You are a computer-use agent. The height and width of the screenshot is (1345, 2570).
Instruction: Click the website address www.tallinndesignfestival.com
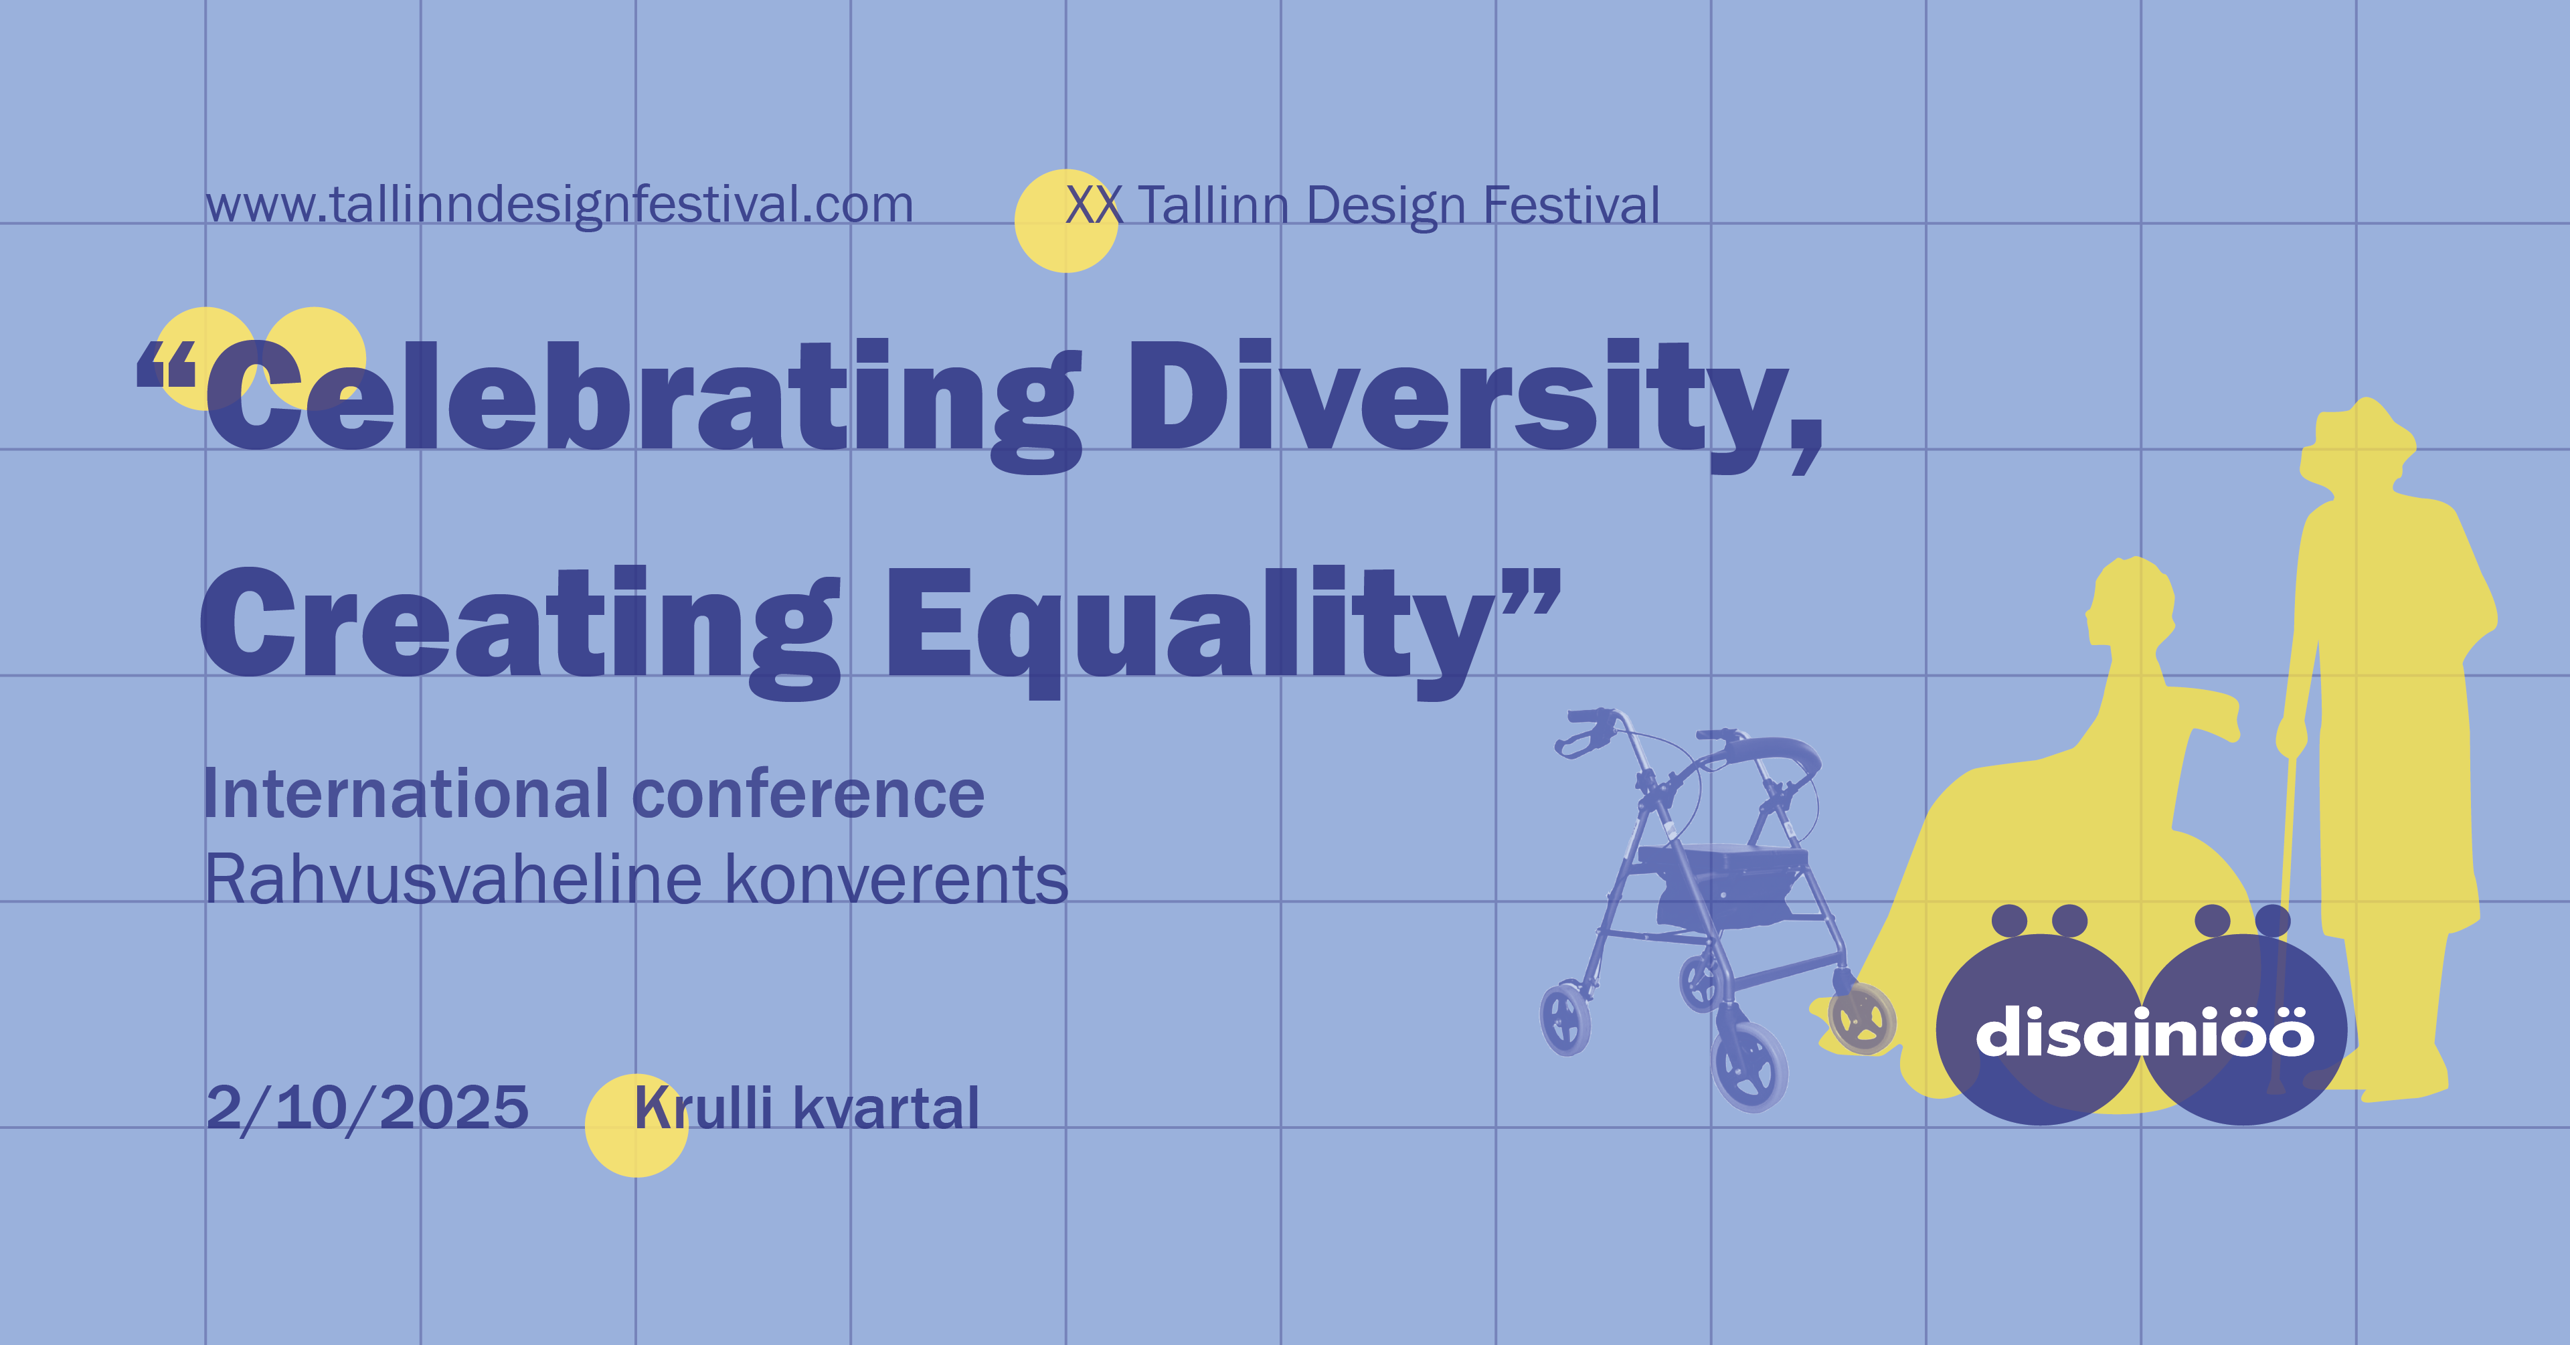click(560, 205)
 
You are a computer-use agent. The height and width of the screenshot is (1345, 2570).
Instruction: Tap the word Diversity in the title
click(1474, 405)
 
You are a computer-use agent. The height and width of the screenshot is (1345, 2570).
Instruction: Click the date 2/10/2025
click(367, 1107)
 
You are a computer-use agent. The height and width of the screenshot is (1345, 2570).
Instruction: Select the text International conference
click(594, 794)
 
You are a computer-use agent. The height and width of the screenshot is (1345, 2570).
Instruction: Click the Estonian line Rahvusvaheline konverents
click(636, 880)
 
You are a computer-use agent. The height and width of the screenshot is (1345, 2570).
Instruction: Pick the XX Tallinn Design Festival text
click(1363, 205)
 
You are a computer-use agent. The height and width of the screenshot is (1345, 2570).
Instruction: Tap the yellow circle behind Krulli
click(636, 1126)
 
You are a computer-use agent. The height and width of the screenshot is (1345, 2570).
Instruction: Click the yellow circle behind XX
click(1065, 221)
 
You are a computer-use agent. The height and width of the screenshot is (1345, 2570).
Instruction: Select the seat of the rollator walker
click(1722, 858)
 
